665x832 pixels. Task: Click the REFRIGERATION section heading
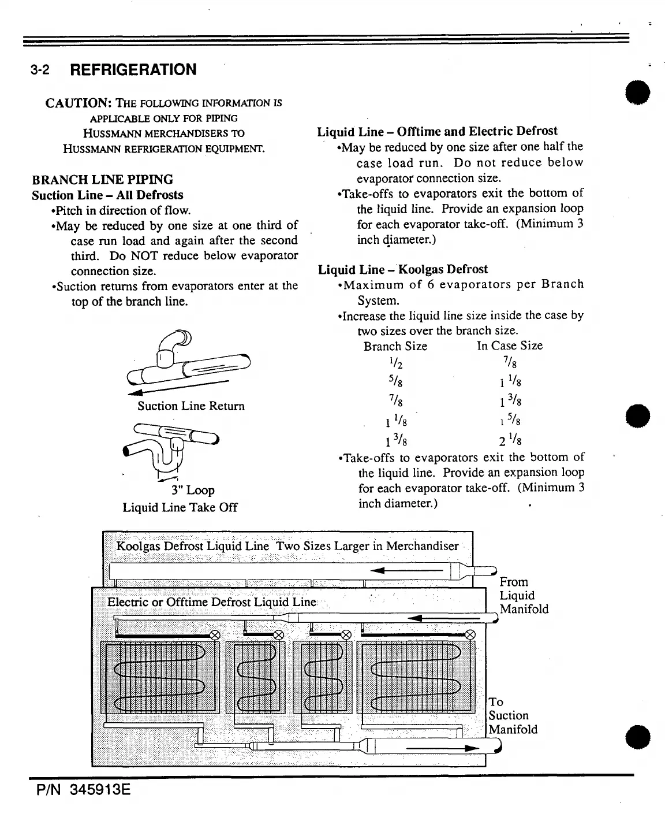click(x=133, y=70)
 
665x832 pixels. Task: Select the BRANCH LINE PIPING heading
click(x=103, y=179)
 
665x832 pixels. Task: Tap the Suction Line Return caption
click(x=191, y=406)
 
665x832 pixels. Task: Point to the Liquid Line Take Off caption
click(x=180, y=507)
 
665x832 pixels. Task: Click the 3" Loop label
click(x=193, y=491)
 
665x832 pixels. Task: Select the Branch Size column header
click(x=395, y=346)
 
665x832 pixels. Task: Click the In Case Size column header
click(x=510, y=346)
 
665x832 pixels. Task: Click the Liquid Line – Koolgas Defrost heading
click(x=403, y=269)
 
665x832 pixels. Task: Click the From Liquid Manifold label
click(x=524, y=596)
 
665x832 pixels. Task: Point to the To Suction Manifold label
click(x=513, y=716)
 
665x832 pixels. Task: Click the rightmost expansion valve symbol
click(x=470, y=634)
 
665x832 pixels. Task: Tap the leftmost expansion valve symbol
click(x=215, y=635)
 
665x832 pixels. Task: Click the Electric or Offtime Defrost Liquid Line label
click(x=212, y=601)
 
